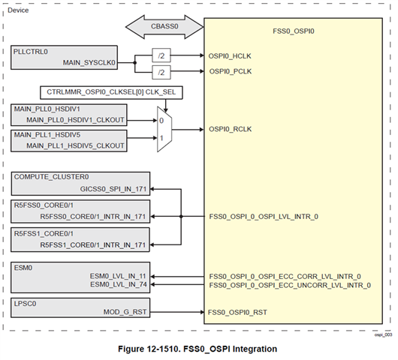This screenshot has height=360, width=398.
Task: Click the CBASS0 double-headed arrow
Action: point(164,26)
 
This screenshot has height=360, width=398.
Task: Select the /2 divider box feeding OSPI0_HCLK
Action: point(161,55)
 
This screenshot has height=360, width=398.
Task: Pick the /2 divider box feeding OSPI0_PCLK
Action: point(161,72)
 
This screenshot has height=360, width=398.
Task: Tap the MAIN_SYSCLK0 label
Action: point(89,62)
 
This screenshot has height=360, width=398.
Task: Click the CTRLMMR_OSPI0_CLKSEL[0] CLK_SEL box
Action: point(111,92)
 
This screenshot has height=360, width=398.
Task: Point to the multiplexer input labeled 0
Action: point(161,121)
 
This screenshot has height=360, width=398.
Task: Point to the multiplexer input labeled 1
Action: point(161,138)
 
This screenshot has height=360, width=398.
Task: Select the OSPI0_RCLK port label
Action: point(231,129)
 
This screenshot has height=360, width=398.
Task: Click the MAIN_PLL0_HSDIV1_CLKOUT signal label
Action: point(75,120)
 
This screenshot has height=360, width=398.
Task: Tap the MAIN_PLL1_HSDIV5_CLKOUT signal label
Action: point(75,145)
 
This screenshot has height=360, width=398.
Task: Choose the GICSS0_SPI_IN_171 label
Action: point(113,189)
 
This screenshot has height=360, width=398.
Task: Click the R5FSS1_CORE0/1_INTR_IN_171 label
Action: point(93,245)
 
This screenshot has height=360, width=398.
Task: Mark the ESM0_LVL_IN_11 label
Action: point(118,276)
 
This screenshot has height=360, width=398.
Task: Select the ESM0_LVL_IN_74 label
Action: point(119,285)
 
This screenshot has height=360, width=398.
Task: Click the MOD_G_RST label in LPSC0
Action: point(125,312)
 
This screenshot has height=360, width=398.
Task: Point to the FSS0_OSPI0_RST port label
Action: point(237,312)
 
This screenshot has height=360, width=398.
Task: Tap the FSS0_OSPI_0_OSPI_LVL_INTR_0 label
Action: point(264,217)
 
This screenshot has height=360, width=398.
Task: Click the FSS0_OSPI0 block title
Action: point(294,31)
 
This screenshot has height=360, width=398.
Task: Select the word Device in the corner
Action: point(18,10)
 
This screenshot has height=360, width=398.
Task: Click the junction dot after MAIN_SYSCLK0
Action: point(135,62)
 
